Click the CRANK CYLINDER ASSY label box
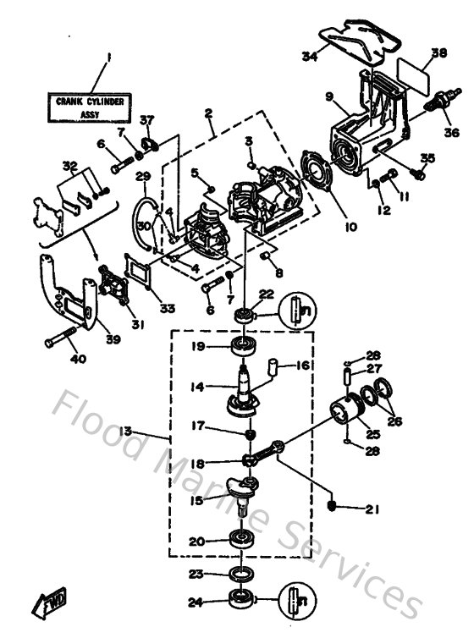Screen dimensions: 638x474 click(90, 107)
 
